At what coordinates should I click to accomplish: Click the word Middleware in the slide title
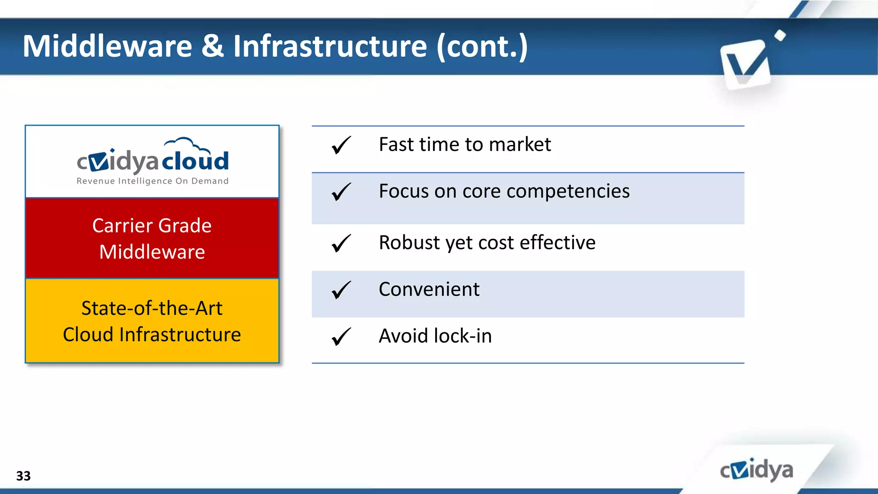click(107, 46)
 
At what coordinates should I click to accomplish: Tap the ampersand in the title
click(212, 46)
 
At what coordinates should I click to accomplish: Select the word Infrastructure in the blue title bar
click(330, 46)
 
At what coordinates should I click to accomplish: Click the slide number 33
click(23, 476)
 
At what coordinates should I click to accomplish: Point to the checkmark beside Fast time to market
click(341, 145)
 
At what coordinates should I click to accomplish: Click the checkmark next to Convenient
click(341, 290)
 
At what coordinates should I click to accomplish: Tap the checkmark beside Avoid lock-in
click(341, 337)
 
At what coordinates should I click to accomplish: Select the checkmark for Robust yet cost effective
click(341, 243)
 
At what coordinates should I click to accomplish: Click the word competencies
click(568, 192)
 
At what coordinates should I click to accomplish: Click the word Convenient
click(429, 289)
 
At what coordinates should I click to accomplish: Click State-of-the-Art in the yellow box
click(152, 308)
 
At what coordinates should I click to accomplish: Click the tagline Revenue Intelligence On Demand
click(152, 181)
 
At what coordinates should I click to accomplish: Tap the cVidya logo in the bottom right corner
click(756, 470)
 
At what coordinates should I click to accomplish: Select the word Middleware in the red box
click(152, 252)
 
